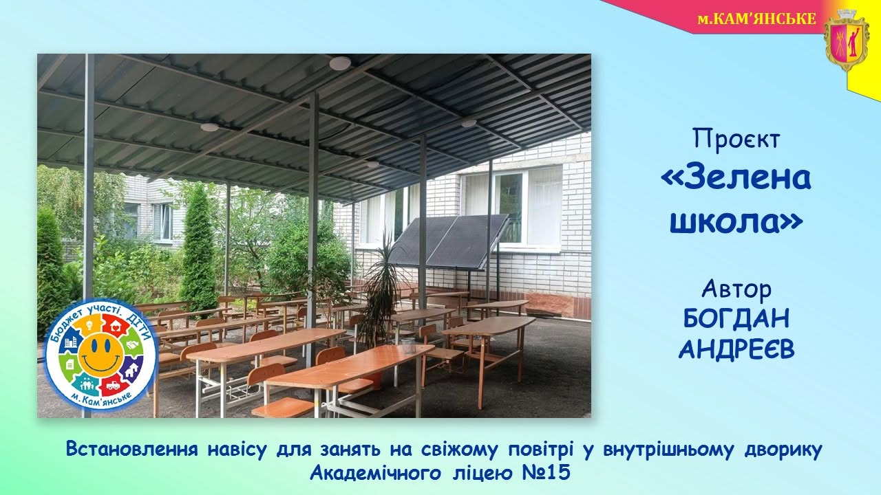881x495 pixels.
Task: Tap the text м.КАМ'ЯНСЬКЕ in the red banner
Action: point(756,19)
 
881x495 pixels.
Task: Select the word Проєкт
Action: point(736,139)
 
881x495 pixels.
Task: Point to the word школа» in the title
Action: point(736,222)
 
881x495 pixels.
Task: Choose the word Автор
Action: point(736,289)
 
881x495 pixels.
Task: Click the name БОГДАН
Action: point(736,318)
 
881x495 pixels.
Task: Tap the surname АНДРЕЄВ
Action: point(736,349)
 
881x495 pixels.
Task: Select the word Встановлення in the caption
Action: point(132,449)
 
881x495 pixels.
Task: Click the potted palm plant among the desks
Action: point(381,299)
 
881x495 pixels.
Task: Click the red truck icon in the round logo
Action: point(113,386)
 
